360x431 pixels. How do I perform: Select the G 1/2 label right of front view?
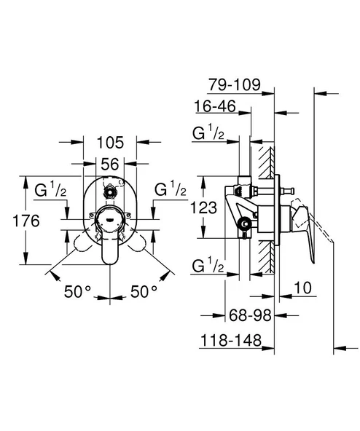[168, 191]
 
